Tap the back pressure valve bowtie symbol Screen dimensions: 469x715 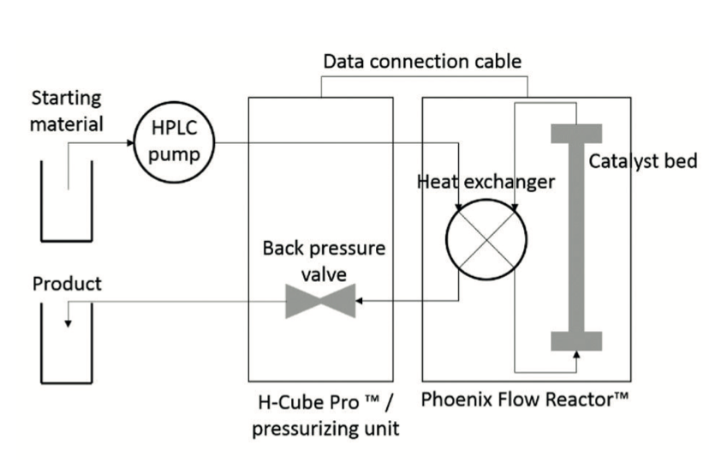coord(319,301)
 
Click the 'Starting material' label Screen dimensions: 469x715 coord(67,111)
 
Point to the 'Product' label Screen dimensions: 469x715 coord(67,283)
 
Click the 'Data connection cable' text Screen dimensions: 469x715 coord(422,62)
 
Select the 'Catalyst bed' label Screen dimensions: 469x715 coord(642,160)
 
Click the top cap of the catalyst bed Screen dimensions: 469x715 coord(576,134)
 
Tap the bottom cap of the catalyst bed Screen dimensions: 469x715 coord(576,340)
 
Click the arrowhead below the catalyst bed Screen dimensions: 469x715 coord(576,355)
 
